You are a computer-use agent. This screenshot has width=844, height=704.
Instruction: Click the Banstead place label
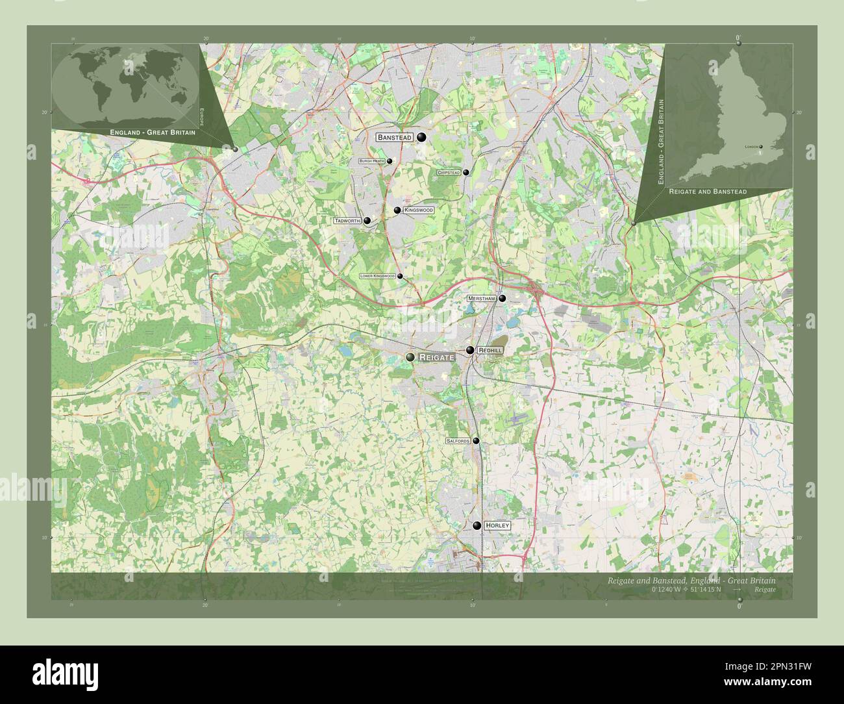coord(395,137)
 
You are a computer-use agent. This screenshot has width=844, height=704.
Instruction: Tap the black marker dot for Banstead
coord(422,136)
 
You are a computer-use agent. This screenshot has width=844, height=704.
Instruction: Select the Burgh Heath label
coord(372,161)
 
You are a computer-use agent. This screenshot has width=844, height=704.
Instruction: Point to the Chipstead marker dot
coord(466,172)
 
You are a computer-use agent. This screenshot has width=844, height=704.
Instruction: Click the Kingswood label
coord(418,210)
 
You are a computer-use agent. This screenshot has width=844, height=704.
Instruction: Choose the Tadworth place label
coord(347,221)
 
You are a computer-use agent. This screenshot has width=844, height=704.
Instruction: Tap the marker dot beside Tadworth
coord(367,221)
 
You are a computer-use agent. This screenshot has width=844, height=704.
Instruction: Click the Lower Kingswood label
coord(377,276)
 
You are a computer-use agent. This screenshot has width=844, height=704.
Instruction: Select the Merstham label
coord(482,298)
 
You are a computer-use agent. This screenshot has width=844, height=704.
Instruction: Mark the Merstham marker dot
coord(502,298)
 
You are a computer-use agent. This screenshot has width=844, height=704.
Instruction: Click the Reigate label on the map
coord(438,357)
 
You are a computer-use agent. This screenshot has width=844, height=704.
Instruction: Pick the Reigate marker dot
coord(410,357)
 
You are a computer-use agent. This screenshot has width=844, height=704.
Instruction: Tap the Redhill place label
coord(490,350)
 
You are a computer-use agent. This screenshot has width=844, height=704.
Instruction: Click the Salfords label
coord(458,440)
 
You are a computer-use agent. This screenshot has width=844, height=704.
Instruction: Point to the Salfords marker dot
coord(476,440)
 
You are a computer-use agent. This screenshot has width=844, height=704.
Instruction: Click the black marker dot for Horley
coord(477,525)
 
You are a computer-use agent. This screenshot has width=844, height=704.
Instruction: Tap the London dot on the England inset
coord(761,147)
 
